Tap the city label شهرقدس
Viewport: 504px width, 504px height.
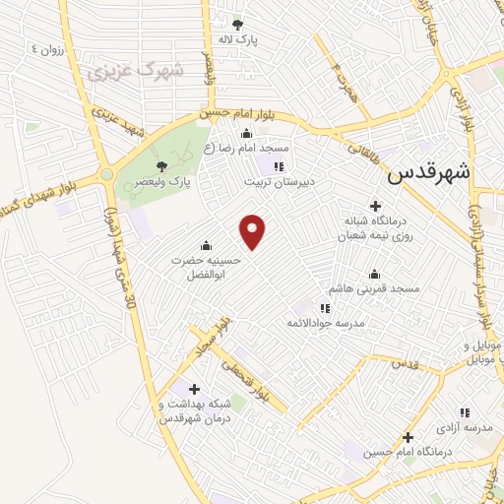click(x=429, y=173)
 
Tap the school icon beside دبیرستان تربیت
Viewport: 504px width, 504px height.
click(x=279, y=165)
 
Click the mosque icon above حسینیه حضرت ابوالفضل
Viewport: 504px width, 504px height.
click(x=206, y=245)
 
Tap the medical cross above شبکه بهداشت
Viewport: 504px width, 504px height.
click(x=193, y=388)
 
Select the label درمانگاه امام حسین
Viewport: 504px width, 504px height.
click(x=407, y=452)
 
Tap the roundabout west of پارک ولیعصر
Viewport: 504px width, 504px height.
click(x=105, y=175)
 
